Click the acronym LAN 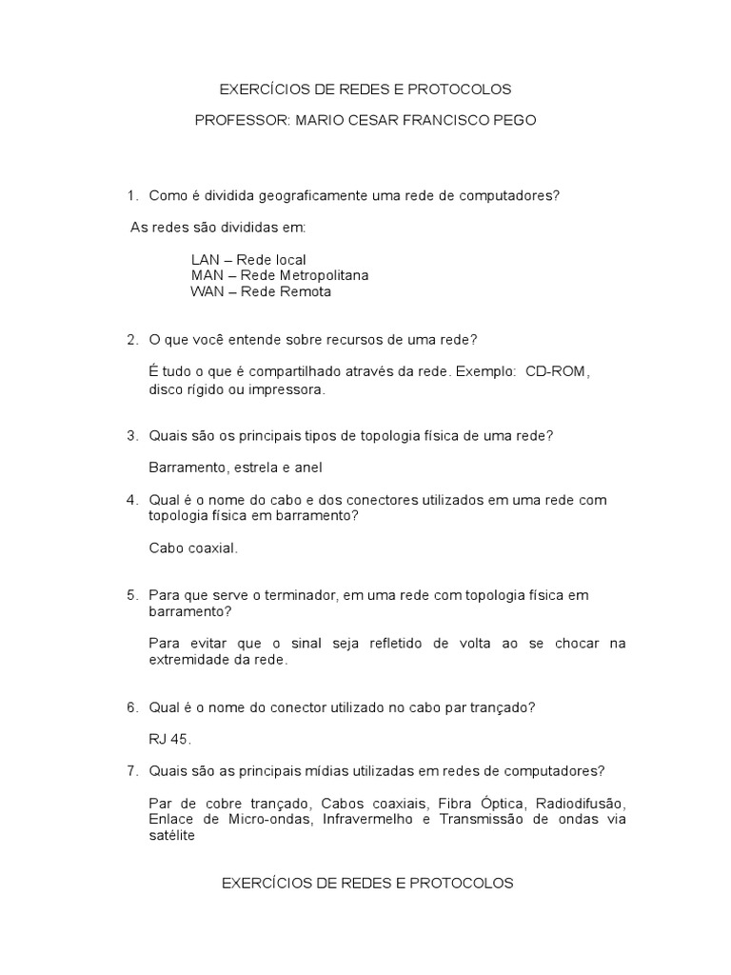pyautogui.click(x=206, y=259)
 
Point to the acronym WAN pyautogui.click(x=206, y=291)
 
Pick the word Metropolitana pyautogui.click(x=318, y=275)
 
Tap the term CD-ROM pyautogui.click(x=557, y=371)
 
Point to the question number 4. pyautogui.click(x=131, y=500)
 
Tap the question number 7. pyautogui.click(x=131, y=770)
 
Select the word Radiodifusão pyautogui.click(x=583, y=803)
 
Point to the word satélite pyautogui.click(x=171, y=835)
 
